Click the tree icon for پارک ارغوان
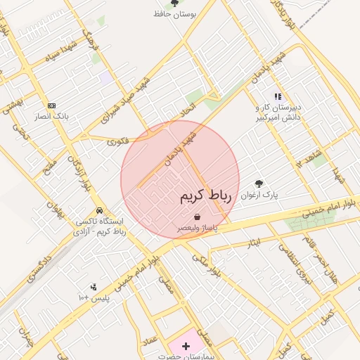259,184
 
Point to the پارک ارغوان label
260,196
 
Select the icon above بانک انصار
51,105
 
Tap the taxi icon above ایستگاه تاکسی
100,210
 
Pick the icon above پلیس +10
93,286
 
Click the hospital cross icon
186,346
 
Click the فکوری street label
119,141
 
